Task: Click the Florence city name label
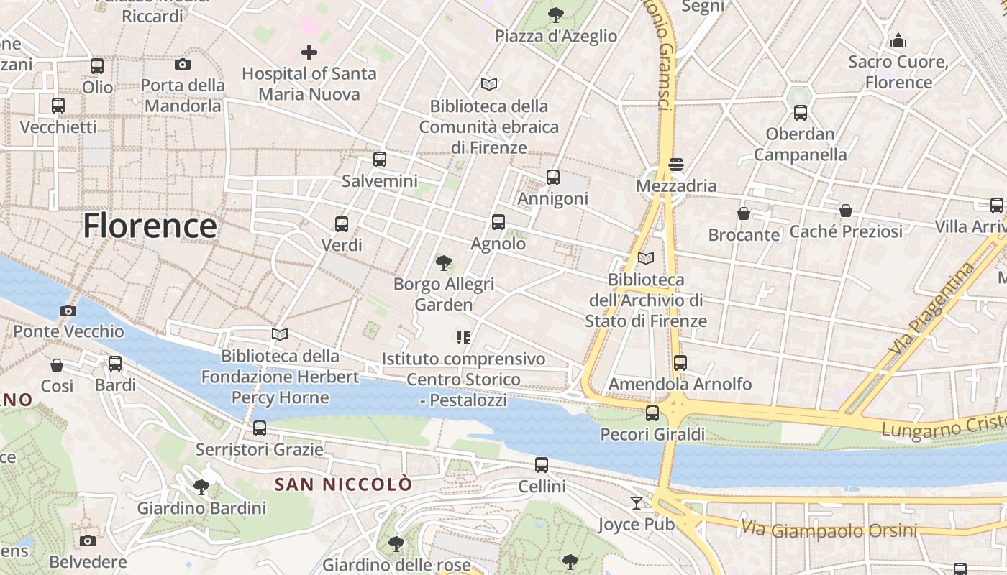[x=150, y=226]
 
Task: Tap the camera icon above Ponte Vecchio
[x=68, y=310]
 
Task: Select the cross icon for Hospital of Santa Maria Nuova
[x=309, y=52]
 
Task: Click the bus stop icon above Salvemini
[x=380, y=160]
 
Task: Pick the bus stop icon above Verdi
[x=342, y=224]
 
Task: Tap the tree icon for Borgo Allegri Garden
[x=444, y=263]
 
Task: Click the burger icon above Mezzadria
[x=675, y=165]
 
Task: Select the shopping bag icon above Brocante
[x=744, y=214]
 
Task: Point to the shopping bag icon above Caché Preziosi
[x=846, y=211]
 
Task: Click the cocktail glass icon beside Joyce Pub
[x=637, y=502]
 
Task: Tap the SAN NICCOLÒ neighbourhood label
[x=344, y=484]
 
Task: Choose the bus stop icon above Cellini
[x=542, y=465]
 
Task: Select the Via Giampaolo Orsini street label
[x=829, y=530]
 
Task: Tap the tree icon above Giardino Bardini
[x=201, y=487]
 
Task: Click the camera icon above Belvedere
[x=88, y=540]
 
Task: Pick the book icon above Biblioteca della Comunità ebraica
[x=489, y=85]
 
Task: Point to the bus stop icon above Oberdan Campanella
[x=801, y=113]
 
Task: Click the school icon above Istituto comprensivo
[x=463, y=337]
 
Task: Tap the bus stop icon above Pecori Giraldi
[x=652, y=413]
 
